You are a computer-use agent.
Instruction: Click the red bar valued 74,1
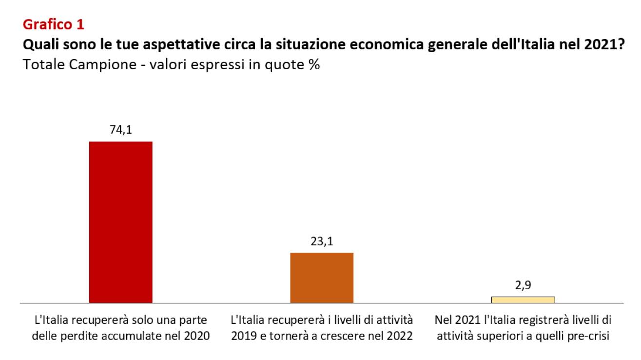coord(120,222)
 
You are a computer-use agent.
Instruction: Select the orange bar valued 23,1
coord(321,278)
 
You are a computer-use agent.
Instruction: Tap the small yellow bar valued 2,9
coord(523,300)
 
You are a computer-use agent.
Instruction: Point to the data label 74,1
coord(120,130)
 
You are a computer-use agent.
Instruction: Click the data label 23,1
coord(321,241)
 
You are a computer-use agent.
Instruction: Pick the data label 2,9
coord(523,285)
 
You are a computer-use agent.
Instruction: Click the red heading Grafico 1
coord(54,24)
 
